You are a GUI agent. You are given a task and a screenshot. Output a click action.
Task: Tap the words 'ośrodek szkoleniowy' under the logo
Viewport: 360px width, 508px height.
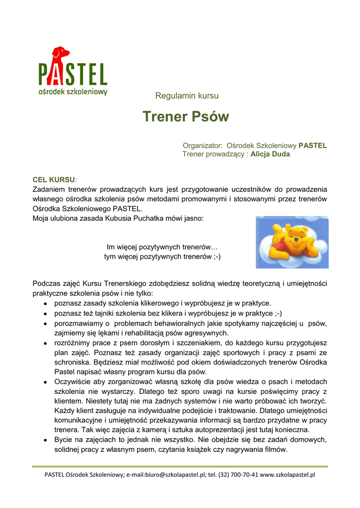coord(72,92)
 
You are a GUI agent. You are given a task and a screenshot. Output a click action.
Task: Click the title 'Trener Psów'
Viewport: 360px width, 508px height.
coord(186,117)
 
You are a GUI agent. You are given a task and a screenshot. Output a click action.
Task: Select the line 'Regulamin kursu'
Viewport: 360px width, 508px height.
coord(187,96)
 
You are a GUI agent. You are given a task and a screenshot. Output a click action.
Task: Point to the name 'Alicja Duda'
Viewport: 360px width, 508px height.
coord(270,154)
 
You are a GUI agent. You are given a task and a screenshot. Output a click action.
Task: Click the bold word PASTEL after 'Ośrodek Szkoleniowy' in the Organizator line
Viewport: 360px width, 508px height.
coord(312,146)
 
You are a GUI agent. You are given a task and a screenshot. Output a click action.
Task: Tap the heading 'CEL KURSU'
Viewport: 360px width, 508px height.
coord(54,179)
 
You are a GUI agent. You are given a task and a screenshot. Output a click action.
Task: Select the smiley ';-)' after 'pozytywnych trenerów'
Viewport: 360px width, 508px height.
coord(214,256)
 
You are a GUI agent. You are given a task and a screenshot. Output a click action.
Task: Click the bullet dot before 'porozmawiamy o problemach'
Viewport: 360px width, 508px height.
coord(45,323)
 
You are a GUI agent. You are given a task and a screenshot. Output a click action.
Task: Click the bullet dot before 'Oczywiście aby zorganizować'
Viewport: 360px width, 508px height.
coord(45,381)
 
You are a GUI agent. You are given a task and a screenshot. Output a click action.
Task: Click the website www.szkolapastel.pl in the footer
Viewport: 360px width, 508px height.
coord(288,474)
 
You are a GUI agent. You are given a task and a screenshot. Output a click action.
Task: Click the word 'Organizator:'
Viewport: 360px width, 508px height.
coord(203,146)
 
